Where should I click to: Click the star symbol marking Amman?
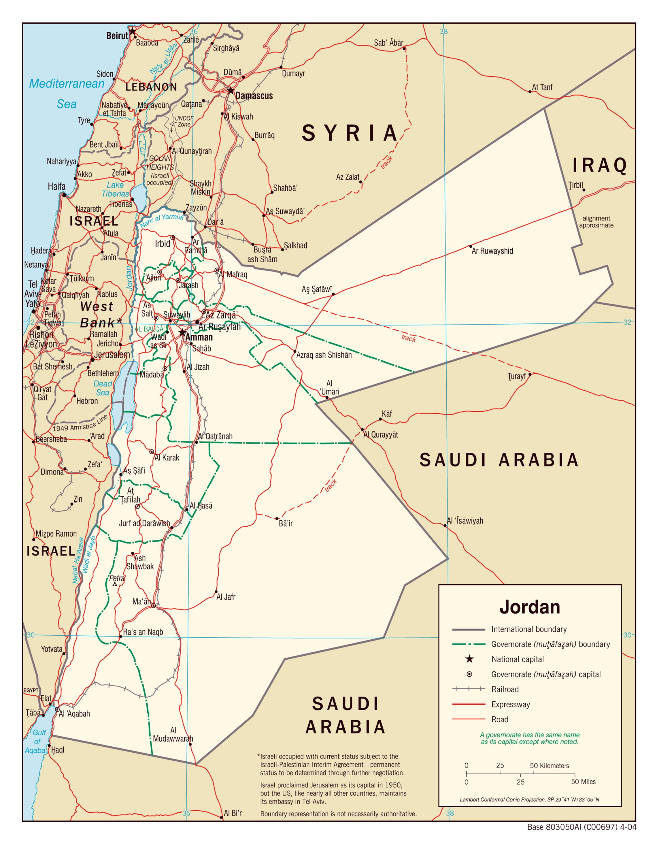click(x=182, y=333)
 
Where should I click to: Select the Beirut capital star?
click(x=133, y=31)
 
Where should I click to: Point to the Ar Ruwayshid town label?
click(x=492, y=251)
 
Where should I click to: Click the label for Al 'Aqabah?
click(x=74, y=714)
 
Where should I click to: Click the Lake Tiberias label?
click(x=115, y=189)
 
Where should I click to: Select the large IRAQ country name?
click(x=599, y=165)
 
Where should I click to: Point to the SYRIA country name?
click(x=350, y=133)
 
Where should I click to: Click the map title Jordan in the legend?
click(x=530, y=607)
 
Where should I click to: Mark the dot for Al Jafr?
click(x=216, y=592)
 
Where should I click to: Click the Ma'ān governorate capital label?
click(x=141, y=601)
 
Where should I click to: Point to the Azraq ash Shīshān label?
click(x=324, y=355)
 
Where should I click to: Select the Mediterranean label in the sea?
click(x=67, y=84)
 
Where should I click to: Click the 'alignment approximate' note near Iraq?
click(x=596, y=222)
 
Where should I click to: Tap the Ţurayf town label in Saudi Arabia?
click(x=516, y=376)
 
